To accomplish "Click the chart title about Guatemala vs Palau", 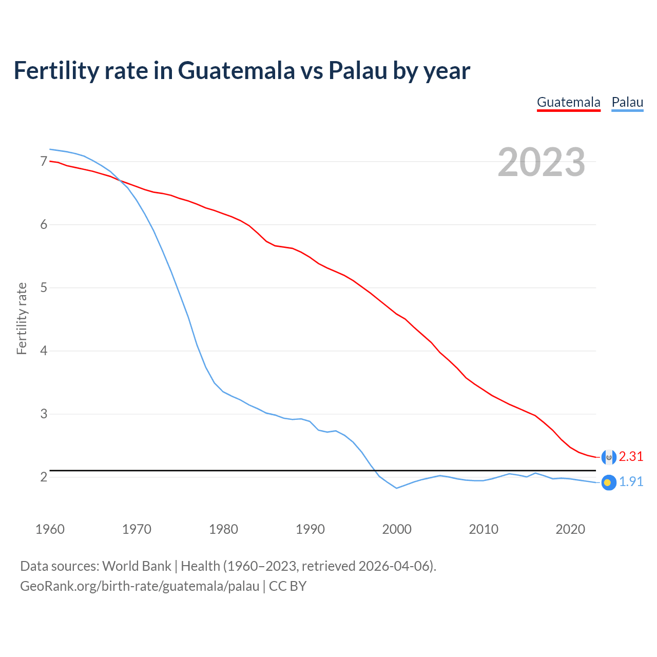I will point(241,71).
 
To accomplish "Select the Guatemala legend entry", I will point(568,102).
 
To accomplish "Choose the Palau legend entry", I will point(627,102).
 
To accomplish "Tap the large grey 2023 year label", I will point(541,162).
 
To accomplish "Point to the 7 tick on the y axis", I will point(44,162).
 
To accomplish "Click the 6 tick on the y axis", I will point(44,225).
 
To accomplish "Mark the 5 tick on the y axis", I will point(44,288).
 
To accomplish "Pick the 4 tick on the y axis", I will point(44,351).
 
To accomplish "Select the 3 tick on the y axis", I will point(44,414).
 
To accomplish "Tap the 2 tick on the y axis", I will point(44,477).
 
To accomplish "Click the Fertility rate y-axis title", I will point(22,318).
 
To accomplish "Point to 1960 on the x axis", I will point(50,529).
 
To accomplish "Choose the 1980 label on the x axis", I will point(223,529).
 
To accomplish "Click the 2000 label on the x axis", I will point(397,529).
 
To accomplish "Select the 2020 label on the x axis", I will point(570,529).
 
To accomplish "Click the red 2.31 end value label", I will point(631,457).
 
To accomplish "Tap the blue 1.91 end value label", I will point(631,482).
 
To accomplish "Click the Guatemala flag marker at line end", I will point(608,457).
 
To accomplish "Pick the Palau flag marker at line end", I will point(608,482).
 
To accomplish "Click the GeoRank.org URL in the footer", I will point(140,586).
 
